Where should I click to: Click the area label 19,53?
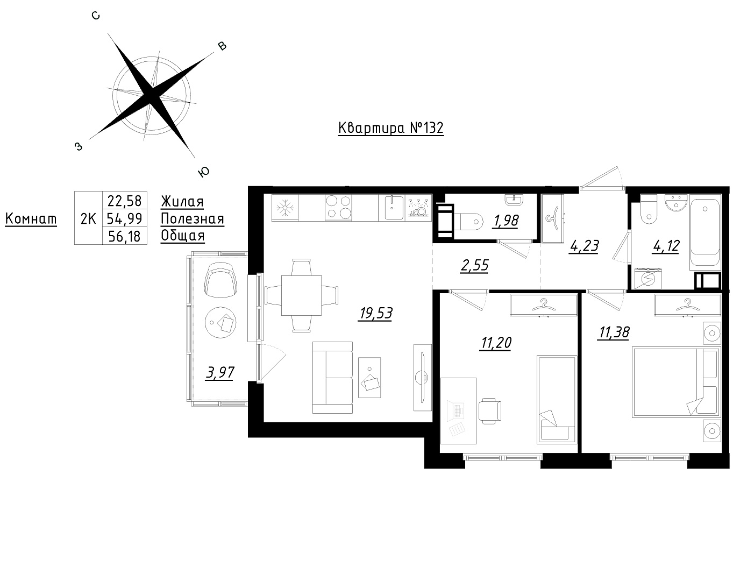tap(376, 313)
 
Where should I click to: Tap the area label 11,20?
tap(496, 343)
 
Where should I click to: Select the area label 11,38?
tap(614, 332)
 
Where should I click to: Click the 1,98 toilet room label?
tap(505, 221)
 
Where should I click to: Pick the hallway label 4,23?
tap(584, 245)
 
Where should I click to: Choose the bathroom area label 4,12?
tap(666, 245)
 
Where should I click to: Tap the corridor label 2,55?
tap(474, 265)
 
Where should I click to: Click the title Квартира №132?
tap(390, 128)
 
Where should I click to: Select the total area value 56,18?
tap(124, 236)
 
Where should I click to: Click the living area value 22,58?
tap(124, 201)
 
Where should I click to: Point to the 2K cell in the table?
tap(88, 218)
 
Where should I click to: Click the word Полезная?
tap(192, 219)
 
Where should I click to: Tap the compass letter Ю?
tap(204, 173)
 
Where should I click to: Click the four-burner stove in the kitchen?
tap(338, 207)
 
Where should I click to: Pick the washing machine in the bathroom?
tap(648, 279)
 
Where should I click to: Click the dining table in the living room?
tap(302, 295)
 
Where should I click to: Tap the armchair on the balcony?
tap(220, 279)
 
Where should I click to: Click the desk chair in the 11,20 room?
tap(490, 411)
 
